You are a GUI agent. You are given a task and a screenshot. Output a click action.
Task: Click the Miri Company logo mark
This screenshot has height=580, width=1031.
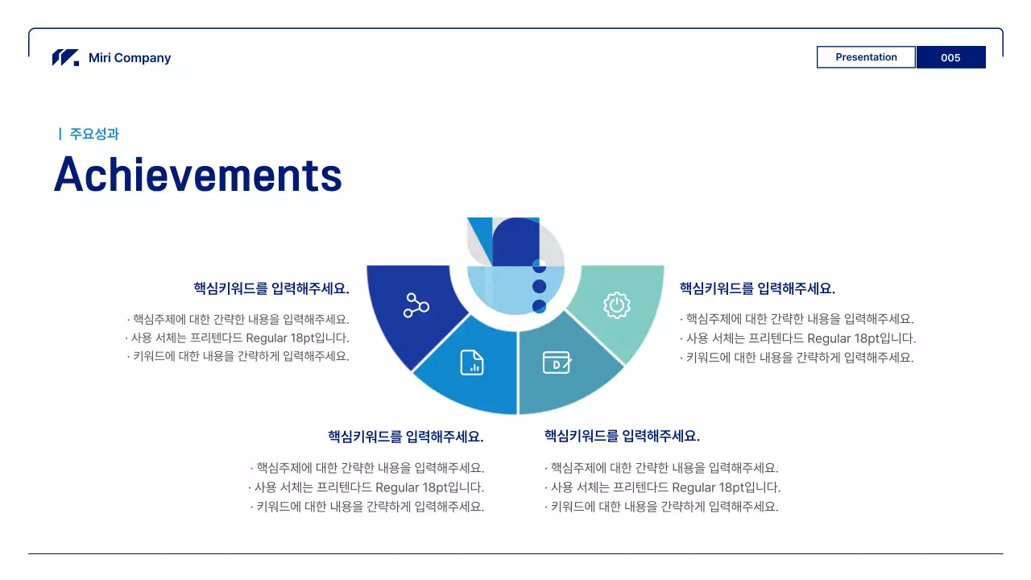[65, 58]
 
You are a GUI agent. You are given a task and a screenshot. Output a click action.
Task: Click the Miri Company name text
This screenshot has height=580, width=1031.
[130, 58]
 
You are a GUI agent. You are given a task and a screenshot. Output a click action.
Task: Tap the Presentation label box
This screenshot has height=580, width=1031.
[866, 57]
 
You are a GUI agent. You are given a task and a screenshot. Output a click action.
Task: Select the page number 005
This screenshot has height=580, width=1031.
[950, 57]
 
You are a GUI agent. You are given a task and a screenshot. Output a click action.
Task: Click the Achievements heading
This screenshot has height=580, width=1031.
[198, 174]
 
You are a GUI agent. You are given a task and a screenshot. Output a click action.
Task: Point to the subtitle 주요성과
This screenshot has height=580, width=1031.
[94, 134]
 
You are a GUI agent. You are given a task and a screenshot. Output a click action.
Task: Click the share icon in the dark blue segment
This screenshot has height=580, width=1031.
[416, 306]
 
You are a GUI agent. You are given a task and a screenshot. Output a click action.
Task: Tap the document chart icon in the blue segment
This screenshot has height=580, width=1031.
[472, 362]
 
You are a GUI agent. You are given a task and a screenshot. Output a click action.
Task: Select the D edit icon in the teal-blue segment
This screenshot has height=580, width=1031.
[557, 362]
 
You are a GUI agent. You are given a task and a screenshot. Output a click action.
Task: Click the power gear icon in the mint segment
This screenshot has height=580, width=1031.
[616, 305]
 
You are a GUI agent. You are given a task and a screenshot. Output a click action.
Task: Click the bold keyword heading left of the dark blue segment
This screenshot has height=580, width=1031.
[271, 288]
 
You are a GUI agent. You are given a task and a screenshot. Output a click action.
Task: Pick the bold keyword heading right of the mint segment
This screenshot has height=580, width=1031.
[757, 288]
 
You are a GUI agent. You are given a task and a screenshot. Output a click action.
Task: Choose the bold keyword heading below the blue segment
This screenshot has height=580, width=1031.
[406, 437]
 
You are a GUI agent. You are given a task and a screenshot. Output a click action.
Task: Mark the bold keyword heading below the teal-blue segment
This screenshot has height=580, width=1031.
[622, 437]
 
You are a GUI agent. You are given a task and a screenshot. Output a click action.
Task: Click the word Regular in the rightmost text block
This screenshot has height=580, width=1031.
[829, 338]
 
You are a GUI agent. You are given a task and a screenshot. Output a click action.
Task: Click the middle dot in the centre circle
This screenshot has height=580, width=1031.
[540, 286]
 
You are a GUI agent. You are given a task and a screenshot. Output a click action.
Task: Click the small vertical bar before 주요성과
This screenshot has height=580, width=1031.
[60, 134]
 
